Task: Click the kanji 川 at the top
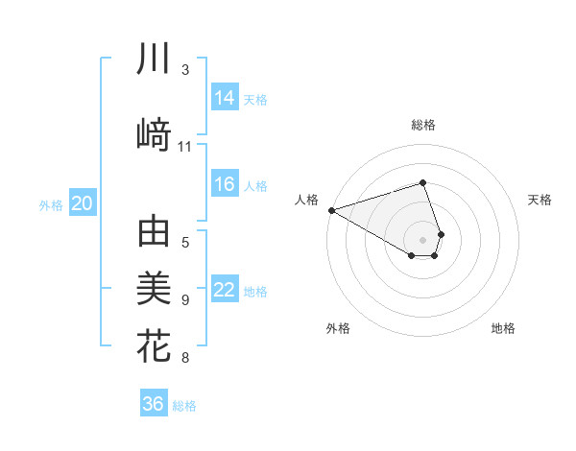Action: coord(154,59)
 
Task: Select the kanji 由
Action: coord(154,234)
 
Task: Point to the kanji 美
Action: coord(154,289)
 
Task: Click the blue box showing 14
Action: coord(225,97)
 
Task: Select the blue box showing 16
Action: coord(225,184)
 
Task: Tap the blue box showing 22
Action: coord(225,290)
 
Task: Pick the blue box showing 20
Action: coord(83,203)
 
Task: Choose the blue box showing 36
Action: coord(154,404)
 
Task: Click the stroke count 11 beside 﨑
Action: coord(185,147)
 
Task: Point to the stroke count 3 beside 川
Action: coord(185,70)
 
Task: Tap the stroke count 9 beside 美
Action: coord(185,300)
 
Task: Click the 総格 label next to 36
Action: coord(184,406)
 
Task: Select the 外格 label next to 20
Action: coord(51,204)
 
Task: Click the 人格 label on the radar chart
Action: coord(307,200)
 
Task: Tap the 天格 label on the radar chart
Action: coord(540,200)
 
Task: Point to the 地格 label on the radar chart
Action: coord(503,328)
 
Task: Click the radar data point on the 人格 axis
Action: coord(331,209)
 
